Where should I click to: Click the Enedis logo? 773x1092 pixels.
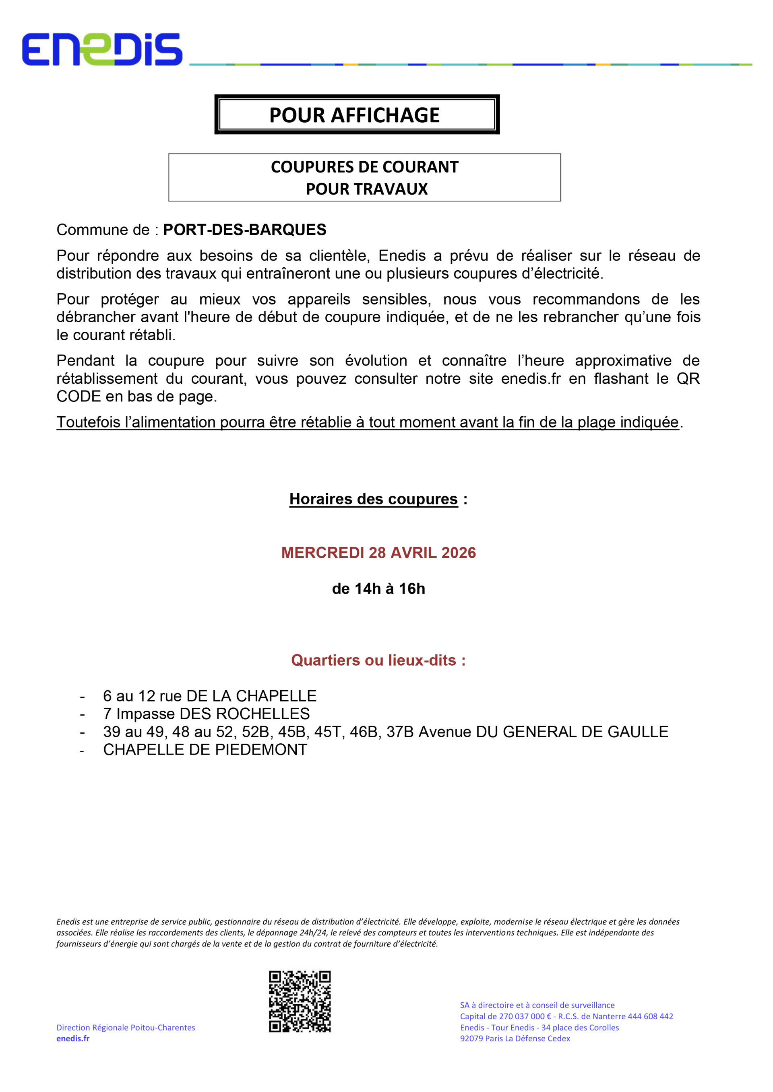(x=102, y=49)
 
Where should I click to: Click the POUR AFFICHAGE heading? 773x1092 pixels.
(x=354, y=115)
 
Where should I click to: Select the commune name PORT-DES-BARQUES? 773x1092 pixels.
(x=245, y=230)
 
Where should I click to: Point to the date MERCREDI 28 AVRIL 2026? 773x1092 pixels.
(x=378, y=553)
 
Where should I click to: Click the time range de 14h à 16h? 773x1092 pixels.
(x=378, y=589)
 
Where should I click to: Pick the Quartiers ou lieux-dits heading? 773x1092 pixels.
(x=378, y=660)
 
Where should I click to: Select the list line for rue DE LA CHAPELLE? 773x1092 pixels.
(x=209, y=696)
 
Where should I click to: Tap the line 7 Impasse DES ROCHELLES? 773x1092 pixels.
(x=206, y=714)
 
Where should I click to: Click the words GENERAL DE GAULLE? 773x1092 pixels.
(x=585, y=732)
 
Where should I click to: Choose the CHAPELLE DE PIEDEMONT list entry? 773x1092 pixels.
(x=205, y=750)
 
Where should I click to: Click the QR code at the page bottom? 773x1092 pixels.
(x=300, y=1002)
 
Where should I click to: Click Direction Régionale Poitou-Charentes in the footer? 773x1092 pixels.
(x=126, y=1027)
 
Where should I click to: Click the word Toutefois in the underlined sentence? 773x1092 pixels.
(x=88, y=422)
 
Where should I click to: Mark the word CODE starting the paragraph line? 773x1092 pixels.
(x=79, y=396)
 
